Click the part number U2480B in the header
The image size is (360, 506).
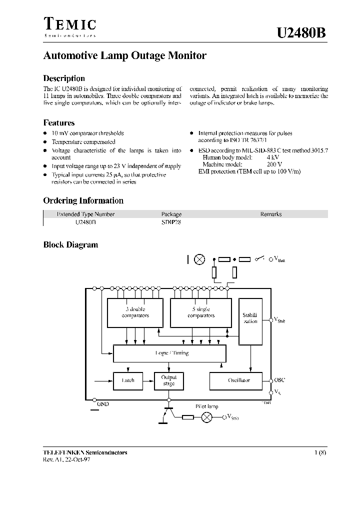302,33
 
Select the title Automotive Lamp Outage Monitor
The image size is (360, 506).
125,56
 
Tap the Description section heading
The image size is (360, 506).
64,78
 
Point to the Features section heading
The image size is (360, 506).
59,122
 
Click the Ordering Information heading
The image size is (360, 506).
83,200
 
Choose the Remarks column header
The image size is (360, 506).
271,214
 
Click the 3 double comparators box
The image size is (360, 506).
135,312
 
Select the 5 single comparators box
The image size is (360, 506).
201,312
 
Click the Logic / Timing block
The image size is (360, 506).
169,353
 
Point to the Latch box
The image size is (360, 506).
128,380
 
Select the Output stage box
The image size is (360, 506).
169,380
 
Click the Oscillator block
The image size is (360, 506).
239,380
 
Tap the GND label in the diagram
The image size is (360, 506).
102,404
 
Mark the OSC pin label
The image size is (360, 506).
279,380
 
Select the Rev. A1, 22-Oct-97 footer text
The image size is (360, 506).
67,459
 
